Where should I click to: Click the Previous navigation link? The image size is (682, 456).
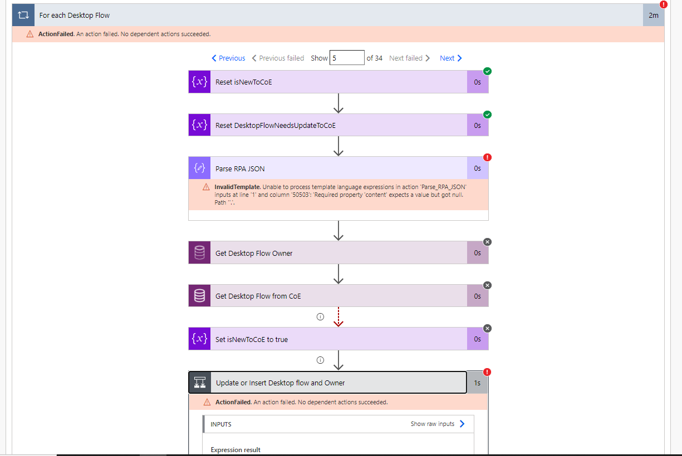coord(228,58)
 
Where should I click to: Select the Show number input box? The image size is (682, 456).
coord(346,58)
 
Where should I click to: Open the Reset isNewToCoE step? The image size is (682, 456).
coord(244,82)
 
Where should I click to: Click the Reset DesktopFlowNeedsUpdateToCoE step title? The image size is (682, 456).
coord(276,126)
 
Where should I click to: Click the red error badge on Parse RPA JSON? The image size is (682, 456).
coord(488,157)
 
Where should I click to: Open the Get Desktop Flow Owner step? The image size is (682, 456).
coord(254,254)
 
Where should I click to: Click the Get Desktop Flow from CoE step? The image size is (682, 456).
coord(258,296)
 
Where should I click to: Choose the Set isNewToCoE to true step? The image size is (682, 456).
coord(252,339)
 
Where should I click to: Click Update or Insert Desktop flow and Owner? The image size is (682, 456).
coord(280,383)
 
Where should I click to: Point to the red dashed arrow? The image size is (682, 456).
coord(338,317)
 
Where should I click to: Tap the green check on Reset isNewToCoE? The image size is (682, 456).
coord(488,71)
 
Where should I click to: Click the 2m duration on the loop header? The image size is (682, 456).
coord(654,16)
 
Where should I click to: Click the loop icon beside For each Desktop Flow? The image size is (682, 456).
coord(23,16)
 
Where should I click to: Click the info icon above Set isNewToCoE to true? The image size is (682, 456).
coord(320,317)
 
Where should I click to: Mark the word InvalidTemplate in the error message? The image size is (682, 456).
coord(232,187)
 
